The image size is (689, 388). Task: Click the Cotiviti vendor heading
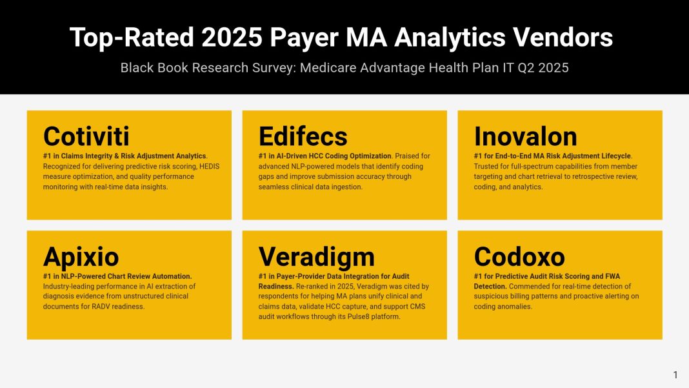click(x=86, y=136)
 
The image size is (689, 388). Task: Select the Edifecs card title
click(x=303, y=136)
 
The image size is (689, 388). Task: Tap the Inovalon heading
click(x=525, y=136)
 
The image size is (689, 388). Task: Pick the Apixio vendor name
click(x=81, y=257)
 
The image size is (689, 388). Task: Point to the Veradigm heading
click(x=316, y=257)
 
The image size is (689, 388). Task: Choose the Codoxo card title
click(x=519, y=256)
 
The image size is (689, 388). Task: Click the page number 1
click(x=675, y=375)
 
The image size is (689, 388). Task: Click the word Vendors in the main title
click(x=563, y=37)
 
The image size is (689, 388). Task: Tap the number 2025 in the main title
click(x=232, y=37)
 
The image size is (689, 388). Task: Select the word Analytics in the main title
click(x=450, y=38)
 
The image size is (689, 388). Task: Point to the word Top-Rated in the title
click(x=132, y=38)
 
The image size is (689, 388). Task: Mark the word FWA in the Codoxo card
click(x=612, y=276)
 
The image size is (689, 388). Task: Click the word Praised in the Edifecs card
click(x=406, y=156)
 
